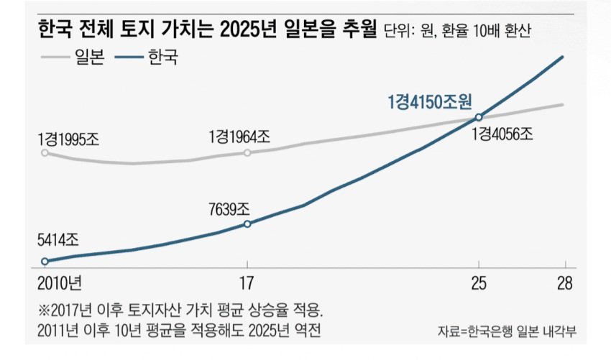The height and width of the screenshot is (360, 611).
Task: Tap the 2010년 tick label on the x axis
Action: coord(58,282)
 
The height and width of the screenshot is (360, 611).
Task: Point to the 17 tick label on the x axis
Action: coord(247,282)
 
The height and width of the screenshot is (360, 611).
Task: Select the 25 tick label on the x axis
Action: coord(478,282)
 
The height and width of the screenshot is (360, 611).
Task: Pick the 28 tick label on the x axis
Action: coord(564,282)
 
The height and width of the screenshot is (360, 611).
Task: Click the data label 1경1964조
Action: coord(239,137)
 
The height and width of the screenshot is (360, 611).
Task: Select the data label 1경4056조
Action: coord(503,134)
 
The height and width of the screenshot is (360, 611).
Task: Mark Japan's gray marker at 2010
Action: coord(45,152)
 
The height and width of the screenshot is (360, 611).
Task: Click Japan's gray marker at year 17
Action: coord(247,152)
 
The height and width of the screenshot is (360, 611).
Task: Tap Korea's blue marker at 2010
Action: coord(45,262)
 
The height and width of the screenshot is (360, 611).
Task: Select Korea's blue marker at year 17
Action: coord(247,224)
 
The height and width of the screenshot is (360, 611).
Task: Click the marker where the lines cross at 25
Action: coord(478,117)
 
